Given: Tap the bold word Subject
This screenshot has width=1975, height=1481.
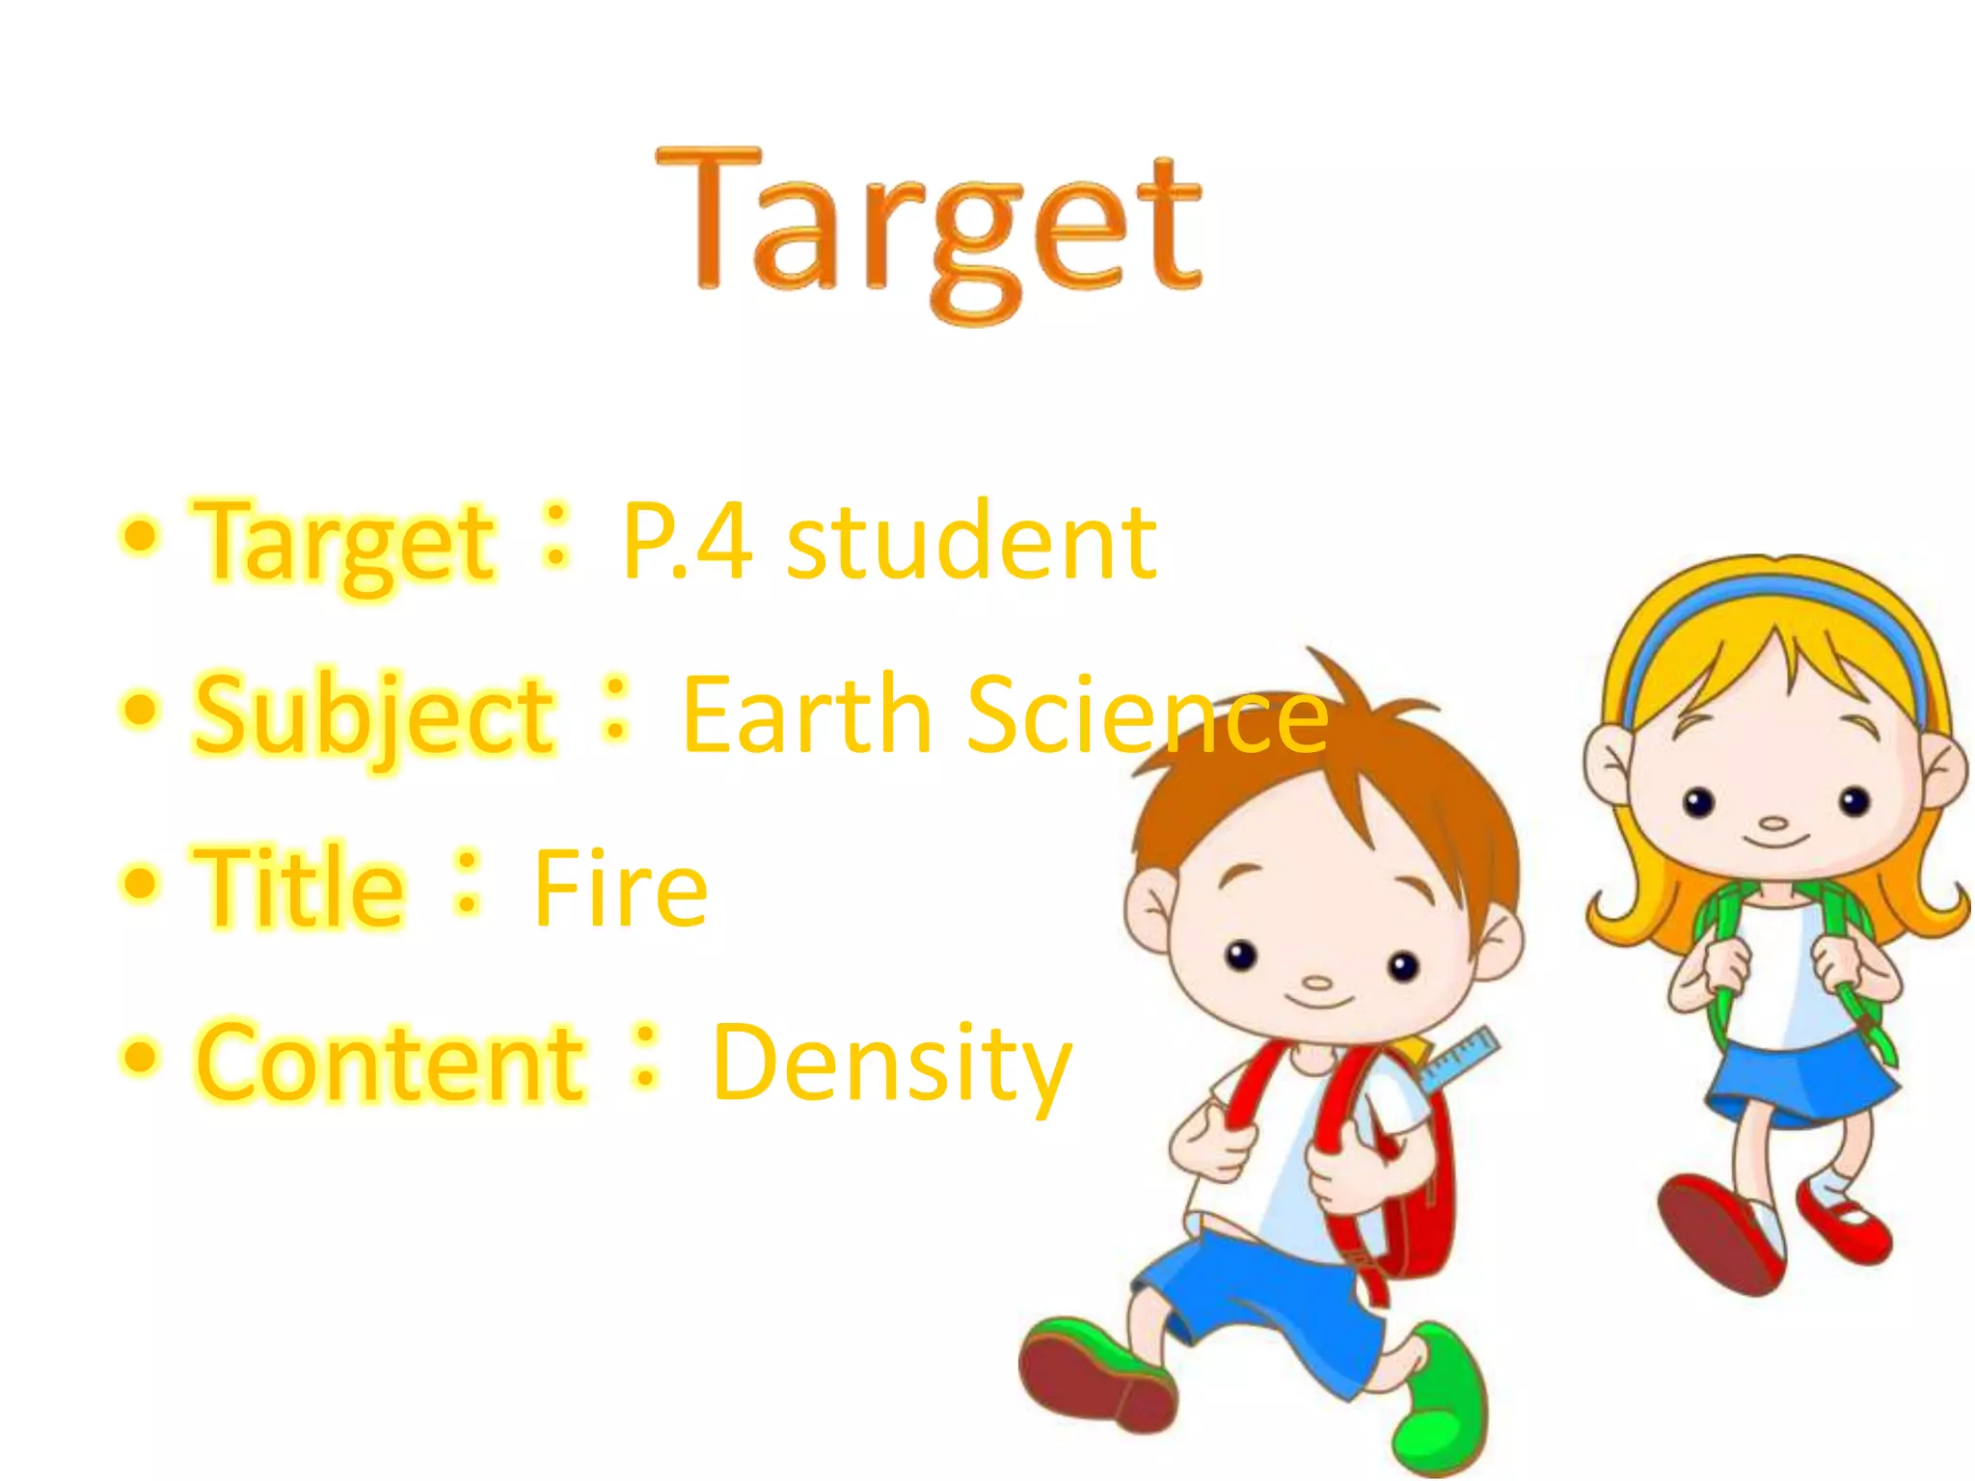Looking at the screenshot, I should click(374, 716).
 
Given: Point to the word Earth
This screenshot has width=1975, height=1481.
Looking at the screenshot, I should click(806, 714).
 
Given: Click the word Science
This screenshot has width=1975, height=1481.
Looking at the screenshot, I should click(1148, 714).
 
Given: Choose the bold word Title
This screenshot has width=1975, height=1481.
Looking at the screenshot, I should click(299, 886).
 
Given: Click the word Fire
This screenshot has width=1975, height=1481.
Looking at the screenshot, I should click(620, 888).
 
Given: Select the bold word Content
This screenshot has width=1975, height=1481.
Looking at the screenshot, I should click(390, 1062).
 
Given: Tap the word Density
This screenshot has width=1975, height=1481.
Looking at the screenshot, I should click(892, 1064).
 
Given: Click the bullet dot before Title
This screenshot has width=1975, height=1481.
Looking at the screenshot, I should click(141, 882).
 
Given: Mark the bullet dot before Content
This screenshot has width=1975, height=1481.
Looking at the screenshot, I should click(141, 1056).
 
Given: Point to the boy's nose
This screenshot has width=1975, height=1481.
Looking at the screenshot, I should click(1317, 984).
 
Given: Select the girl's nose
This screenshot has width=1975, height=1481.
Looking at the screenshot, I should click(1772, 824).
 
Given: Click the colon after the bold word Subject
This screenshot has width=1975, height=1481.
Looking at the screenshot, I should click(615, 709).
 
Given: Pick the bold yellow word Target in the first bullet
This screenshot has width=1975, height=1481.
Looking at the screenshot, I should click(344, 543).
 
